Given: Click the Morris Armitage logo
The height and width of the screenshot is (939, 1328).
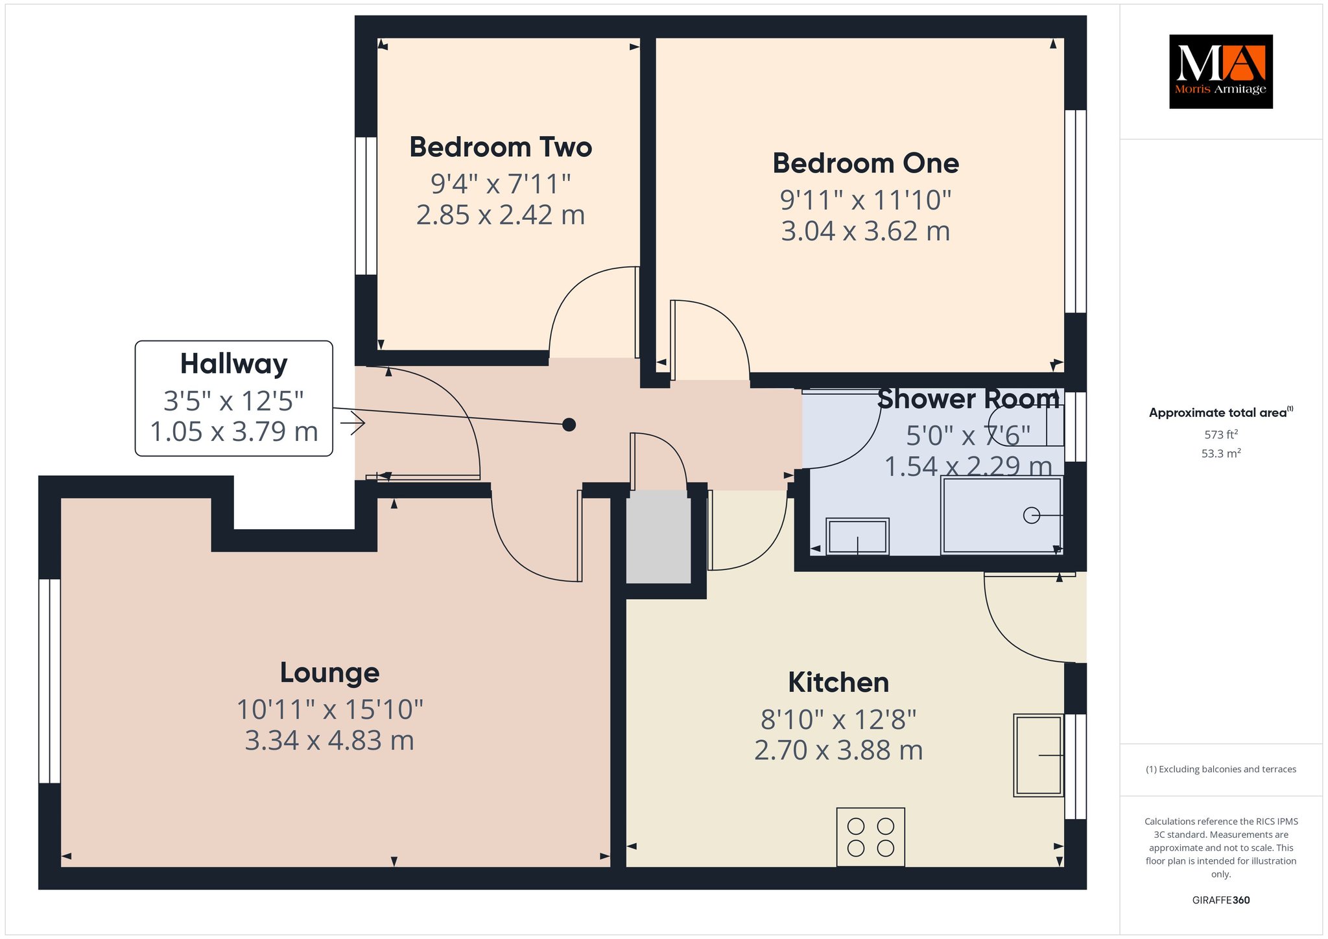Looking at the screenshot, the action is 1220,71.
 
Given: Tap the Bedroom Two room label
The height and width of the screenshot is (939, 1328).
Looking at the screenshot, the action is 501,147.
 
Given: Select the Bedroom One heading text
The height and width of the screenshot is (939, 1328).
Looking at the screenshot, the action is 866,163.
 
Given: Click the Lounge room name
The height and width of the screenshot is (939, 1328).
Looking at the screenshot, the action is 329,673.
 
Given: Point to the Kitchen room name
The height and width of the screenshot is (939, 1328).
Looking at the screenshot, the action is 838,682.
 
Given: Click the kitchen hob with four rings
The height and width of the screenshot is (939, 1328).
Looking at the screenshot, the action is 871,837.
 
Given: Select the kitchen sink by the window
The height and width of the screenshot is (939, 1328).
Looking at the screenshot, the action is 1039,755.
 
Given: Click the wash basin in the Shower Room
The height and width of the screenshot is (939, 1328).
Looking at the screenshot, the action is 857,536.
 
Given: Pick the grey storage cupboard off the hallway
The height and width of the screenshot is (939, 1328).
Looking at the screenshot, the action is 658,537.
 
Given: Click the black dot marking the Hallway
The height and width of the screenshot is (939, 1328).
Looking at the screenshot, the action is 569,425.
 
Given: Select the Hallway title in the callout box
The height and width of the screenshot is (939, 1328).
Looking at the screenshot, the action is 233,364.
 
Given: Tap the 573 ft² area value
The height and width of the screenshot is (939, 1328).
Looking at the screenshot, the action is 1221,434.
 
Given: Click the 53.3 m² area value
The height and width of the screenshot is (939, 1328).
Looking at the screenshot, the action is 1221,453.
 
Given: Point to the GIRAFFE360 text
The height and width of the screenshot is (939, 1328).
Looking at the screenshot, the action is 1221,900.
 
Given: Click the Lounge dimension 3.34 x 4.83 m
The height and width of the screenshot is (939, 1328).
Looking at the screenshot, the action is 329,741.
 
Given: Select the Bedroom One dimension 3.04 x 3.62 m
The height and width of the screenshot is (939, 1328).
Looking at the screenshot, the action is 866,231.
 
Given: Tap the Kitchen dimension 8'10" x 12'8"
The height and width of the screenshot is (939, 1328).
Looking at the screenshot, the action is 838,719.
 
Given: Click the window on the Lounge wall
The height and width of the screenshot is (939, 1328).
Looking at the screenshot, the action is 49,681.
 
